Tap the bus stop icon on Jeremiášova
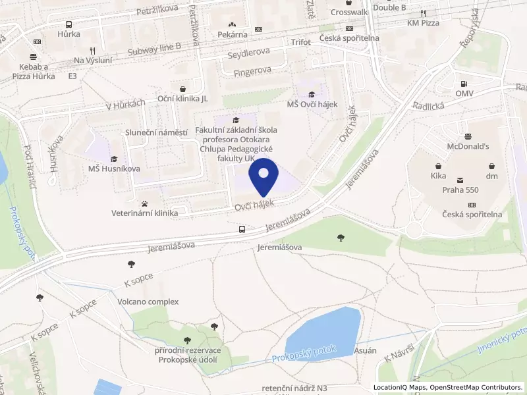[242, 230]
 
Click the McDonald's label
[468, 146]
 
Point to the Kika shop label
[438, 176]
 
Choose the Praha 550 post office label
[460, 190]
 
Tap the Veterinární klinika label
[145, 213]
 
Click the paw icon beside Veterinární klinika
[145, 203]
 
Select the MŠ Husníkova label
[114, 169]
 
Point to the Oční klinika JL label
[182, 98]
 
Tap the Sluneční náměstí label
[156, 132]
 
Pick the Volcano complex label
[148, 302]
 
